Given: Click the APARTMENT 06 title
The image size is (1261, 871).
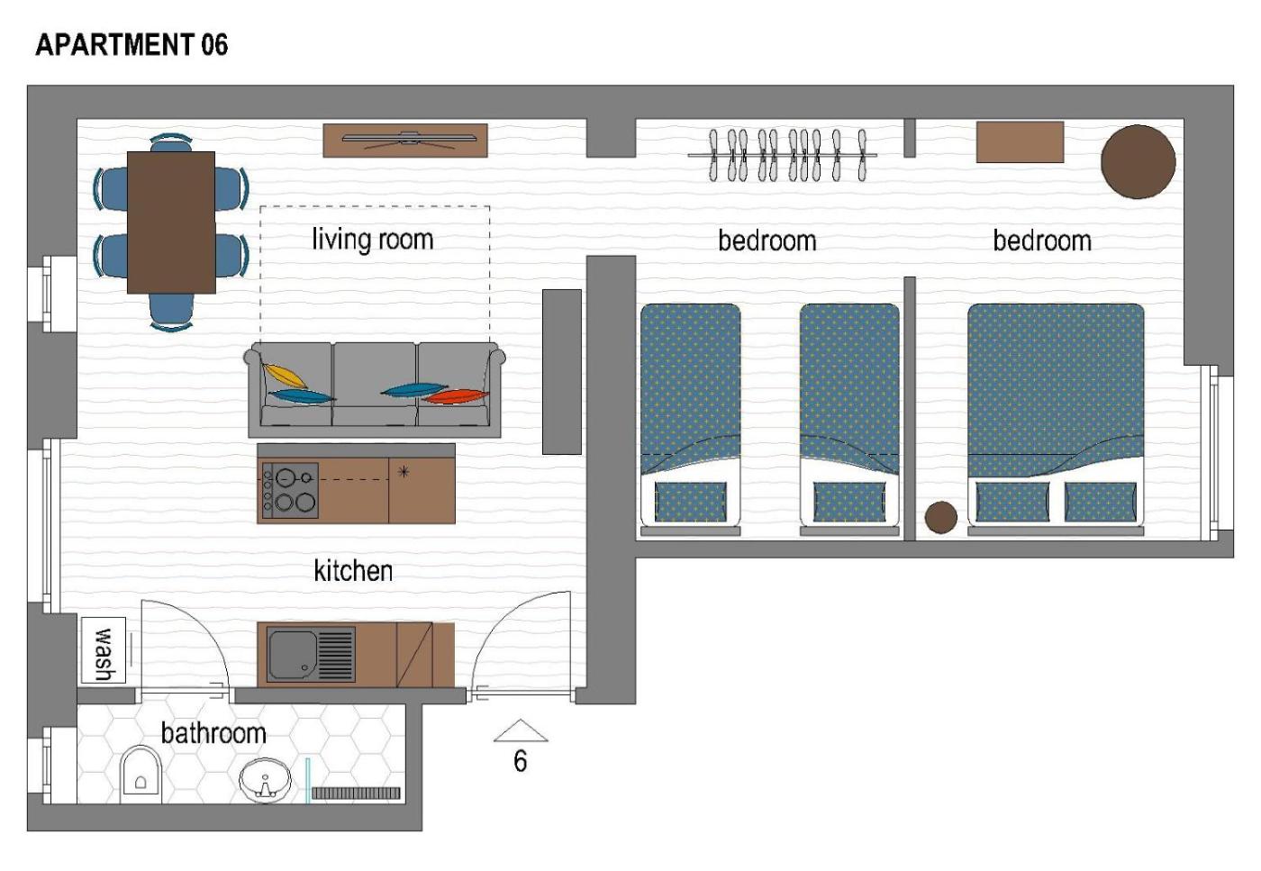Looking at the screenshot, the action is pyautogui.click(x=132, y=44).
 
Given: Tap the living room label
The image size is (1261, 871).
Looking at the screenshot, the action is pyautogui.click(x=373, y=240).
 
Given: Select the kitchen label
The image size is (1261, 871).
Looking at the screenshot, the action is pyautogui.click(x=353, y=571).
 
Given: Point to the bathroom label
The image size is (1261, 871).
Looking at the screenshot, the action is pyautogui.click(x=213, y=733).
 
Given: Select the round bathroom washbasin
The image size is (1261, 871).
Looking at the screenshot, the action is pyautogui.click(x=265, y=780).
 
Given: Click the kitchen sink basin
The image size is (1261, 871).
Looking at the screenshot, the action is pyautogui.click(x=292, y=655).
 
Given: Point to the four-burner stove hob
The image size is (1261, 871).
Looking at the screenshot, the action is pyautogui.click(x=290, y=490).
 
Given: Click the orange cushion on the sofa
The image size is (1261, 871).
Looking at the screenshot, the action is pyautogui.click(x=456, y=396).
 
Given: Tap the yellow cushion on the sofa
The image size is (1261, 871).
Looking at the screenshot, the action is pyautogui.click(x=286, y=376).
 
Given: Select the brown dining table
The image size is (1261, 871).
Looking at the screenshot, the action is pyautogui.click(x=171, y=222).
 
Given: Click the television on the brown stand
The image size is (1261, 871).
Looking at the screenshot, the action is pyautogui.click(x=409, y=139).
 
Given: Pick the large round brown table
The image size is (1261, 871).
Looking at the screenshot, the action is pyautogui.click(x=1138, y=161).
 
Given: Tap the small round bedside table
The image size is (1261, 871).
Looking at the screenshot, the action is pyautogui.click(x=940, y=517).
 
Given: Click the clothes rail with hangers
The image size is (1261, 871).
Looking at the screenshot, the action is pyautogui.click(x=783, y=155).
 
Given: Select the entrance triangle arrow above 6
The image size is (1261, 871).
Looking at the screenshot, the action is pyautogui.click(x=521, y=730).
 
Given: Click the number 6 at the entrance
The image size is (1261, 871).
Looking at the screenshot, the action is pyautogui.click(x=521, y=761).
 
